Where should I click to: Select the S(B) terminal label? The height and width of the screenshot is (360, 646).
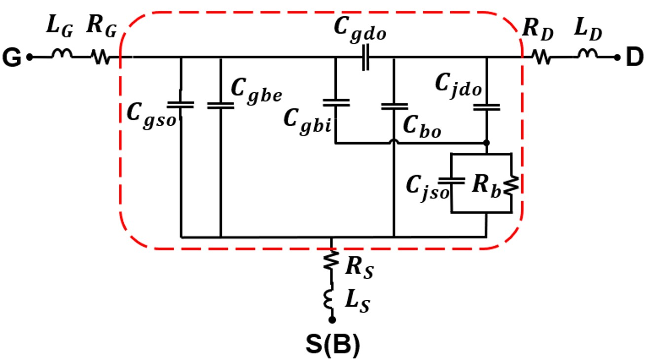pyautogui.click(x=332, y=345)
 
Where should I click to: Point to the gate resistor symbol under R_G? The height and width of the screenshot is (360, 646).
pyautogui.click(x=101, y=57)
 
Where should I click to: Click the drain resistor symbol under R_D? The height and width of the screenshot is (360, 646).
pyautogui.click(x=541, y=57)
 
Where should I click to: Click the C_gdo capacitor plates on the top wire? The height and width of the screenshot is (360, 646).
pyautogui.click(x=365, y=58)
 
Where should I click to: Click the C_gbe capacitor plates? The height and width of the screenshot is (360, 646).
pyautogui.click(x=220, y=105)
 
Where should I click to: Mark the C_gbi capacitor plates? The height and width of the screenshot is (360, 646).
pyautogui.click(x=336, y=102)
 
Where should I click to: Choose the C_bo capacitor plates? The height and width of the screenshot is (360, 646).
pyautogui.click(x=395, y=106)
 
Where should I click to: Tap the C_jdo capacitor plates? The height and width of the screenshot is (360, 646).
pyautogui.click(x=487, y=106)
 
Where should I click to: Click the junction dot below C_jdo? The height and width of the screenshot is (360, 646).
pyautogui.click(x=487, y=143)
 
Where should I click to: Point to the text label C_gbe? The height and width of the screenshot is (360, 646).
pyautogui.click(x=256, y=90)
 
